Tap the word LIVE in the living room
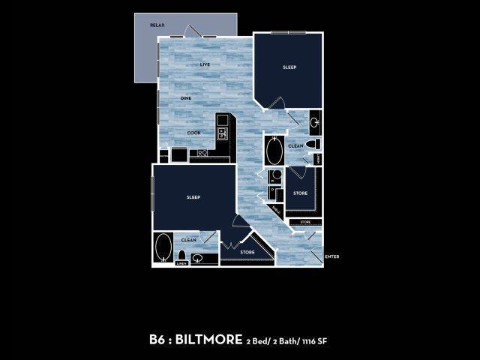pos(205,64)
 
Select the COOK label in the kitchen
pos(194,133)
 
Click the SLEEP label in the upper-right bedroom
pos(289,67)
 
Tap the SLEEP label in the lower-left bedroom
pos(193,198)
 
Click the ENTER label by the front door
pos(333,256)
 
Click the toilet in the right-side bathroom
pos(316,144)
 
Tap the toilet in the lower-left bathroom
pos(181,255)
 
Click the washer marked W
pos(275,175)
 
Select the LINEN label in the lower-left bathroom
pos(181,264)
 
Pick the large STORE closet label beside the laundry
pos(300,193)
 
